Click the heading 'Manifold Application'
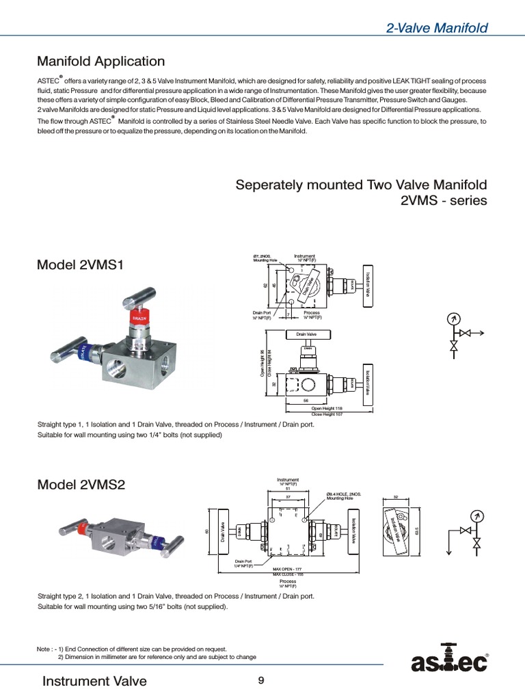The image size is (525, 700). pos(100,62)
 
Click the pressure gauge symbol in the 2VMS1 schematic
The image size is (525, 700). pos(452,319)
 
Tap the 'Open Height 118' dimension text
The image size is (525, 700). pos(327,408)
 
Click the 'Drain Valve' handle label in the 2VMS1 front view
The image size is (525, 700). pos(306,334)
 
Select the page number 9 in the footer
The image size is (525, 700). pos(261,680)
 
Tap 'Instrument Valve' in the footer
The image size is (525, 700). pos(94,681)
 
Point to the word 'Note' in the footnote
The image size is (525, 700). pos(43,649)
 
